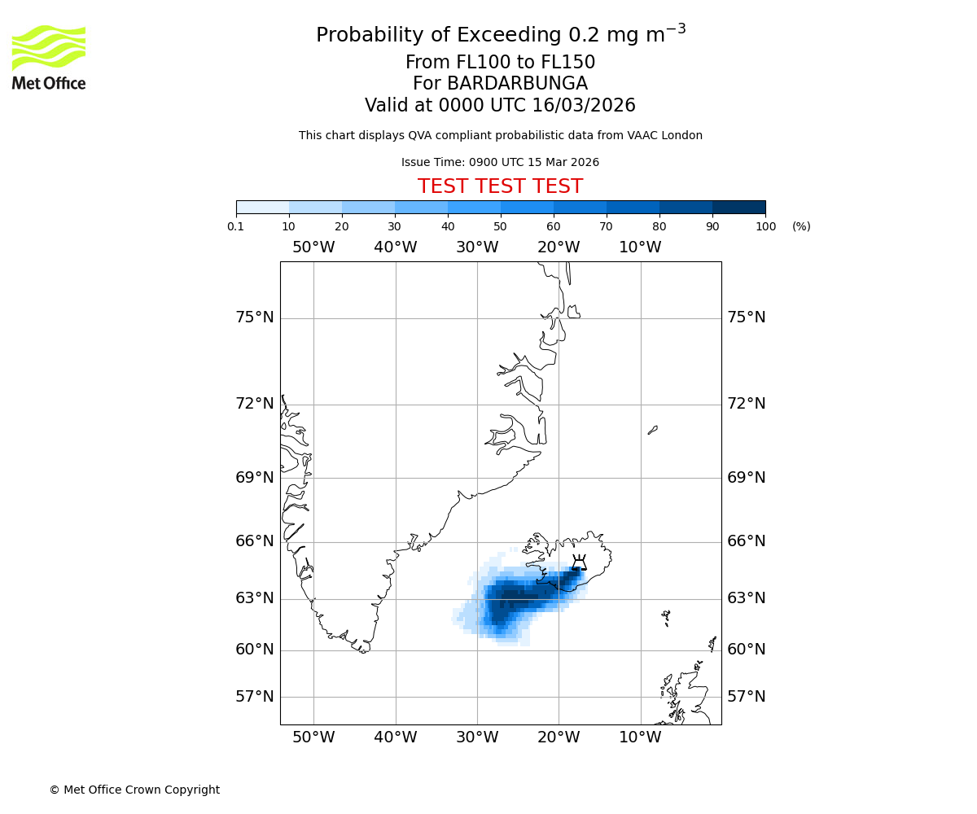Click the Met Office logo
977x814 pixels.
pyautogui.click(x=49, y=57)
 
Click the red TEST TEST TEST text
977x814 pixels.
pyautogui.click(x=500, y=186)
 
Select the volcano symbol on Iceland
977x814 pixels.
pyautogui.click(x=579, y=562)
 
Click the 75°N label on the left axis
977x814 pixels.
pyautogui.click(x=255, y=317)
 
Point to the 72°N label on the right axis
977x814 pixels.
pyautogui.click(x=746, y=404)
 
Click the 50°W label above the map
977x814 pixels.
pyautogui.click(x=313, y=247)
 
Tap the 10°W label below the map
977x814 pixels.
pyautogui.click(x=640, y=737)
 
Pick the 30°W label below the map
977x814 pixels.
pyautogui.click(x=477, y=737)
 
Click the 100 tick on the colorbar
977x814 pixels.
pyautogui.click(x=765, y=226)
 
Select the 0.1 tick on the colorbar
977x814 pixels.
pyautogui.click(x=236, y=226)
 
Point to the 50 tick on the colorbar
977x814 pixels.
pyautogui.click(x=501, y=226)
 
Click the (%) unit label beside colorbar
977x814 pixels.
pyautogui.click(x=801, y=226)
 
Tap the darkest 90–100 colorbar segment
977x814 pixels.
pyautogui.click(x=738, y=207)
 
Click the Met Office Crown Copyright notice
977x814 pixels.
pyautogui.click(x=134, y=790)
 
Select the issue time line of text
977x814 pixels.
pyautogui.click(x=500, y=162)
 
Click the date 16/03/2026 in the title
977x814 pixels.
pyautogui.click(x=584, y=106)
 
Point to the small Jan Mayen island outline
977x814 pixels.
pyautogui.click(x=653, y=430)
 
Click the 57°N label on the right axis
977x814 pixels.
pyautogui.click(x=746, y=697)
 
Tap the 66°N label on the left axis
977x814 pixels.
pyautogui.click(x=255, y=541)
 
